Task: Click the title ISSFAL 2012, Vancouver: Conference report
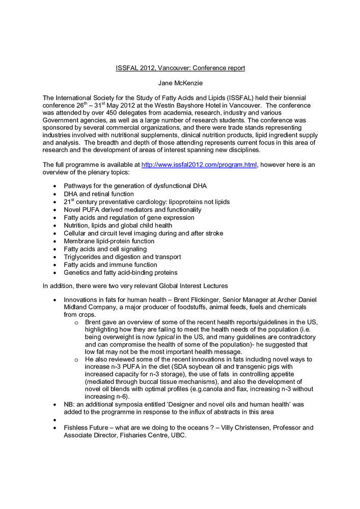pos(180,68)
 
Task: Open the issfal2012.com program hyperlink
pos(199,164)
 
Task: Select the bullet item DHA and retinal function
pos(99,194)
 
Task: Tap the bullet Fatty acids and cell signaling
pos(105,249)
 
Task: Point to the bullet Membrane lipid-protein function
pos(109,241)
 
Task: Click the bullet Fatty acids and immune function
pos(110,265)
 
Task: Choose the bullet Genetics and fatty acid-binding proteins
pos(121,272)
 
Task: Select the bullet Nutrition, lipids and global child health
pos(118,225)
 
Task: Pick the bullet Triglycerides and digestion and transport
pos(122,257)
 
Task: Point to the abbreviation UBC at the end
pos(179,436)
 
